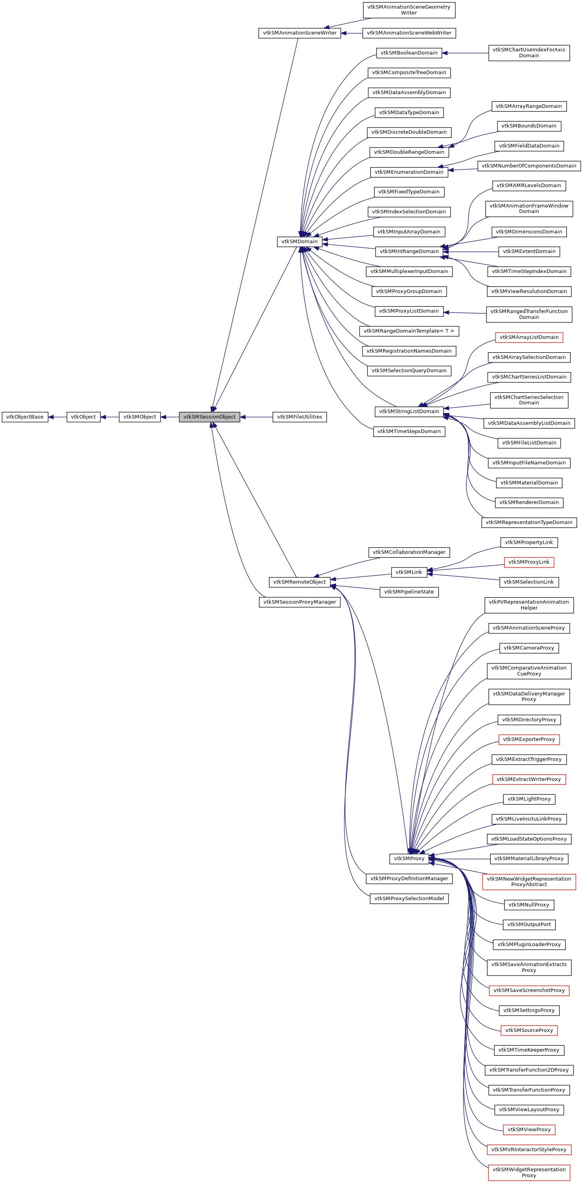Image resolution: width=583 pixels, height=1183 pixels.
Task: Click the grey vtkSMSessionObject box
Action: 209,417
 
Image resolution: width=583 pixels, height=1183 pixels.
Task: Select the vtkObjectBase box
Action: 25,417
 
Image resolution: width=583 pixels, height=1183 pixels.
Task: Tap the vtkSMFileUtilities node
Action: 299,417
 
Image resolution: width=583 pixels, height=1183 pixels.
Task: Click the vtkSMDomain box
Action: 299,242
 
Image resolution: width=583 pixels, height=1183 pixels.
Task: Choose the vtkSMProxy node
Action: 409,858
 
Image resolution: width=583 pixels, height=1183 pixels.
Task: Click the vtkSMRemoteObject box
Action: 299,582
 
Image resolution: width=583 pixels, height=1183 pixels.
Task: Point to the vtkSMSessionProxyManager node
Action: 299,602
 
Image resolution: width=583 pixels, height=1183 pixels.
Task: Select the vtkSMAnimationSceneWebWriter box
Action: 409,33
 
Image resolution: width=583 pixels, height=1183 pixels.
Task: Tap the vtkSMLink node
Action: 409,572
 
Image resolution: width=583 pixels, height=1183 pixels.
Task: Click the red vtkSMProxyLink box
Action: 529,562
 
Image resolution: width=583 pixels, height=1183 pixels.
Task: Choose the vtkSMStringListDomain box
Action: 409,411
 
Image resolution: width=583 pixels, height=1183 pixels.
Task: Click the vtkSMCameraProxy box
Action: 529,648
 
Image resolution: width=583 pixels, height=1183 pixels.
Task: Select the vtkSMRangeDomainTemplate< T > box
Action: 409,331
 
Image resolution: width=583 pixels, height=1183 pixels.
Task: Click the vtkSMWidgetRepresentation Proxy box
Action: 529,1172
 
